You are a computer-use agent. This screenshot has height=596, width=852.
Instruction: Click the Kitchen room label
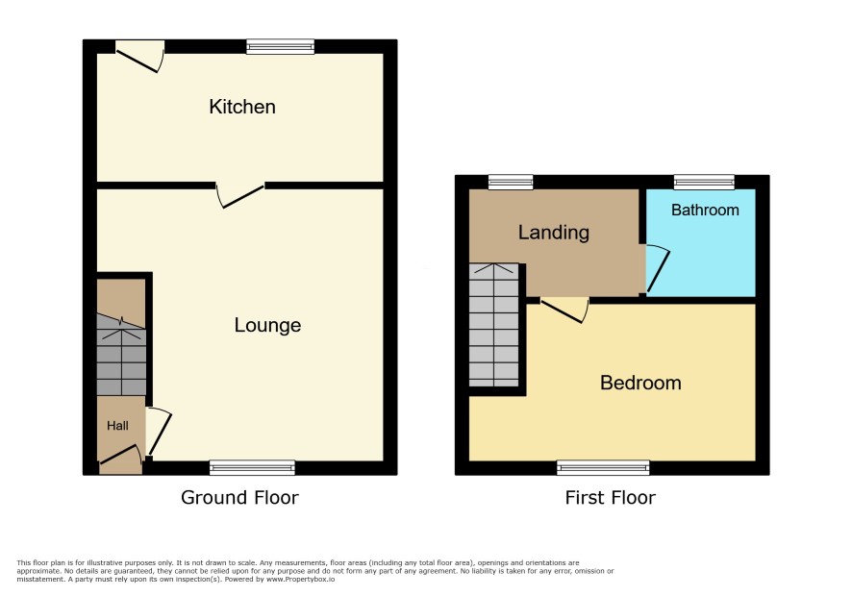pos(242,107)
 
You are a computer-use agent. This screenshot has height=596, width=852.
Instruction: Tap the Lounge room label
pos(268,325)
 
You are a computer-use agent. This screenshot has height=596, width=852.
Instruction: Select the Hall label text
pos(117,426)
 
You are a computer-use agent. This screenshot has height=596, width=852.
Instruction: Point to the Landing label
pos(554,232)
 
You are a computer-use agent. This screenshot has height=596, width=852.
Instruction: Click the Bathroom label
pos(705,210)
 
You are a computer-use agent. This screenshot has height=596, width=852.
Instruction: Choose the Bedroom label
pos(640,383)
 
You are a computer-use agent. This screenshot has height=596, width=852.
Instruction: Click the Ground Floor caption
pos(239,497)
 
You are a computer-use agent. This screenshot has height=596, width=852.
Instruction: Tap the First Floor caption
pos(611,497)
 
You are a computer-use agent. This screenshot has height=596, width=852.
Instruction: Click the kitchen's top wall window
pos(281,47)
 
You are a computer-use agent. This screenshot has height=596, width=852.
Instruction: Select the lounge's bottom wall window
pos(252,468)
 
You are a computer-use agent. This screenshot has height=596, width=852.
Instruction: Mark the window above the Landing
pos(511,182)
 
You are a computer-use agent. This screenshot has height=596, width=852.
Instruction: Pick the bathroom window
pos(704,182)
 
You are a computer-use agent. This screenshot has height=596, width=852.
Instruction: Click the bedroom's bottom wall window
pos(603,468)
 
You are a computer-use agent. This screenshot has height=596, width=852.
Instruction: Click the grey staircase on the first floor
pos(494,325)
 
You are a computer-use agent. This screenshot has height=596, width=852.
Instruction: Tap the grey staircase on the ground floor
pos(121,356)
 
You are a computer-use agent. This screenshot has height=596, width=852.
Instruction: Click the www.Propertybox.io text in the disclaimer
pos(300,579)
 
